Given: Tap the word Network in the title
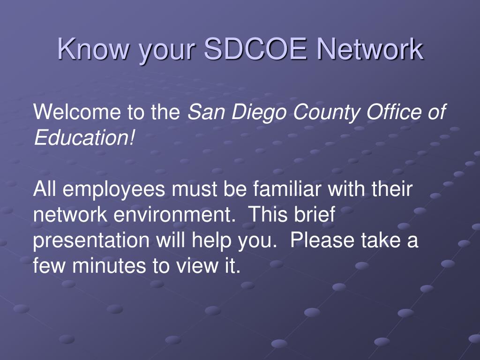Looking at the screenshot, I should (370, 49).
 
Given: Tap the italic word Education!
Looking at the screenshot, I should (84, 138).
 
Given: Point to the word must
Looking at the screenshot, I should (193, 190).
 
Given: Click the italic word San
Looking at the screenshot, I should (204, 112).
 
